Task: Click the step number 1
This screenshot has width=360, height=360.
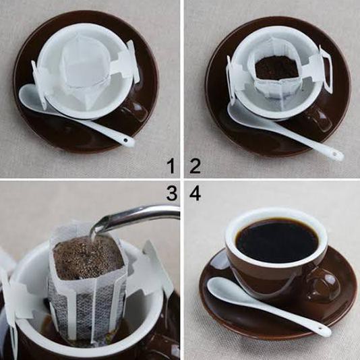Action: click(x=171, y=166)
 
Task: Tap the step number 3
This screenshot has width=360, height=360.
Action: click(x=171, y=194)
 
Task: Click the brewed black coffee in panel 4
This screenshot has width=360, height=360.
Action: click(x=276, y=241)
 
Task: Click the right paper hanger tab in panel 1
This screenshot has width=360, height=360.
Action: click(x=131, y=62)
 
